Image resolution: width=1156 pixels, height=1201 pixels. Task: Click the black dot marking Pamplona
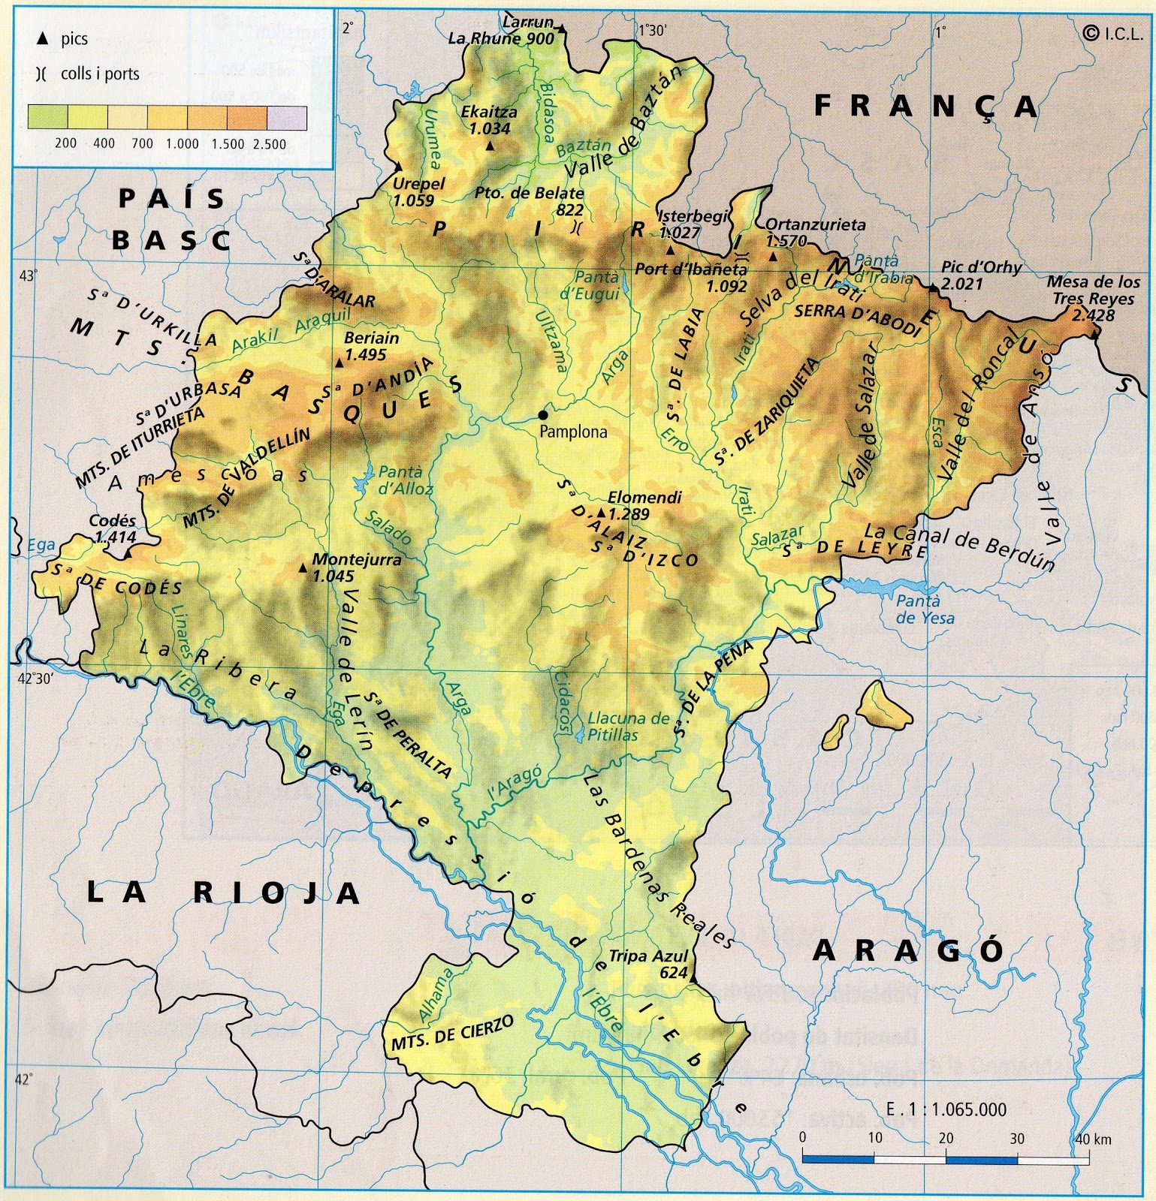(543, 415)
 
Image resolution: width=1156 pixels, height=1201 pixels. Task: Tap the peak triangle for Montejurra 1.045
(303, 568)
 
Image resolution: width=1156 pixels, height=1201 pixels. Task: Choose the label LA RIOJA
(223, 892)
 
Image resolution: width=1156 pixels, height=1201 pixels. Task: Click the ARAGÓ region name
(908, 951)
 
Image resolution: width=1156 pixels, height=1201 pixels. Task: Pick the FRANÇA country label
(926, 107)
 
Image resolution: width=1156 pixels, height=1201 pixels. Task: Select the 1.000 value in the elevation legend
(183, 143)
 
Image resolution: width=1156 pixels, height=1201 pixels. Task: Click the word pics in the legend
(74, 39)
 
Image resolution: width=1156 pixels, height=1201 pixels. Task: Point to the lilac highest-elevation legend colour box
(287, 118)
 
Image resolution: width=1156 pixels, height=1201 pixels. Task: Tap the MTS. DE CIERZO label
(452, 1033)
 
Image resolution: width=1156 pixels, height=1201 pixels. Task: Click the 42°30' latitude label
(35, 679)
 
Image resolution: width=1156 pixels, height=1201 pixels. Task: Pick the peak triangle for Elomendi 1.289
(601, 513)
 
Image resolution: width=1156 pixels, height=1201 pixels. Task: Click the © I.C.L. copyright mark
(1112, 32)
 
